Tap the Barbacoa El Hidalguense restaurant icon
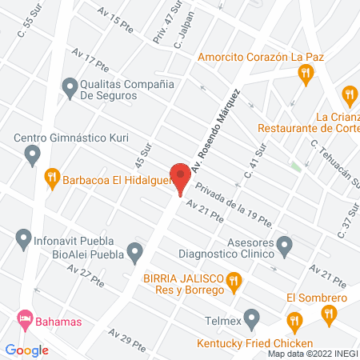click(x=52, y=177)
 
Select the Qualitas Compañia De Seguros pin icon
click(x=70, y=86)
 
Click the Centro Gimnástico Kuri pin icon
click(x=33, y=154)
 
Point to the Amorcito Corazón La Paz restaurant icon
click(x=305, y=74)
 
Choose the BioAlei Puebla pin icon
click(x=135, y=254)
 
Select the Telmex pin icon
click(x=252, y=318)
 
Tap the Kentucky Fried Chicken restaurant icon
click(x=294, y=322)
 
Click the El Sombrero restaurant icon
click(x=328, y=315)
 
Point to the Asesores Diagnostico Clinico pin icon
click(x=285, y=245)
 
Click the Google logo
click(x=26, y=350)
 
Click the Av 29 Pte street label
click(x=127, y=339)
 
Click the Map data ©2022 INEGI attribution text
click(x=312, y=354)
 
